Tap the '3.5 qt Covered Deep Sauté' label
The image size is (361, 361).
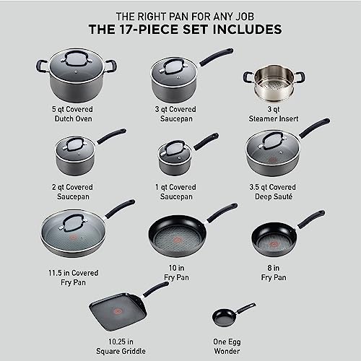click(x=269, y=190)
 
